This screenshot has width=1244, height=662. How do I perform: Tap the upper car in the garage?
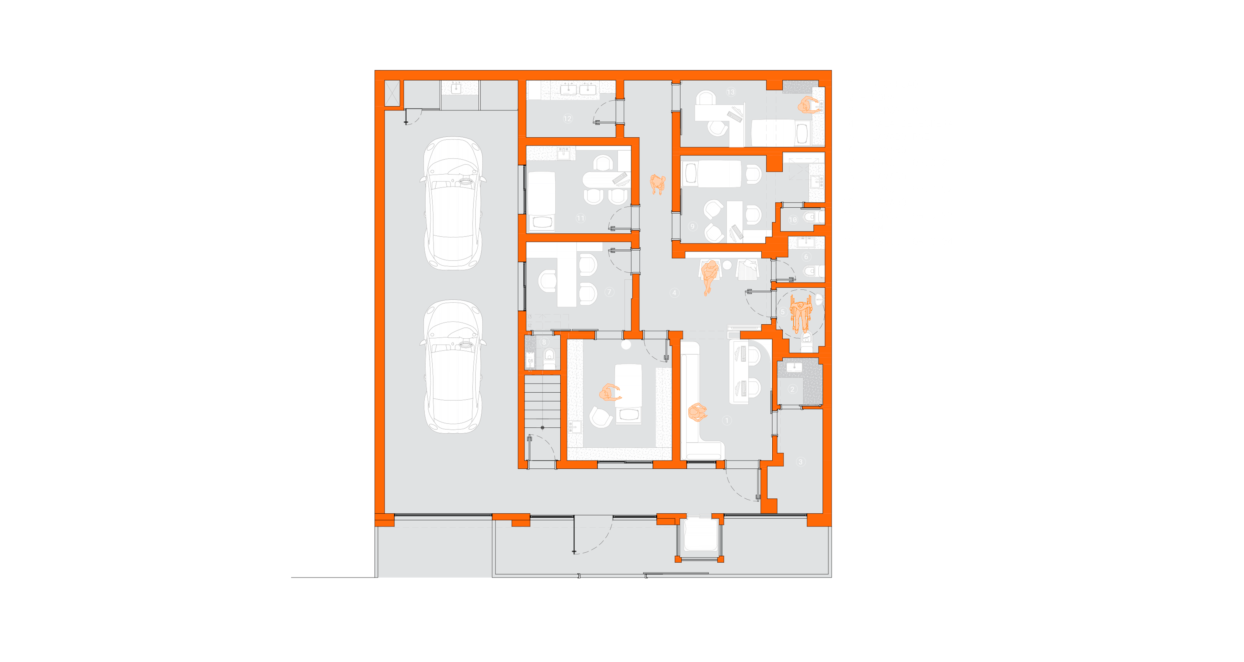click(x=453, y=203)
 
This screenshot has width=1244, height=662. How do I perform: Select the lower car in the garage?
click(x=453, y=366)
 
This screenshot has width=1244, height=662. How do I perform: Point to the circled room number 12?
click(x=568, y=118)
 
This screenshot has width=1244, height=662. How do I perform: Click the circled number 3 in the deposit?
click(x=800, y=462)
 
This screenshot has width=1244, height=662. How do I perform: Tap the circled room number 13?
click(x=731, y=92)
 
